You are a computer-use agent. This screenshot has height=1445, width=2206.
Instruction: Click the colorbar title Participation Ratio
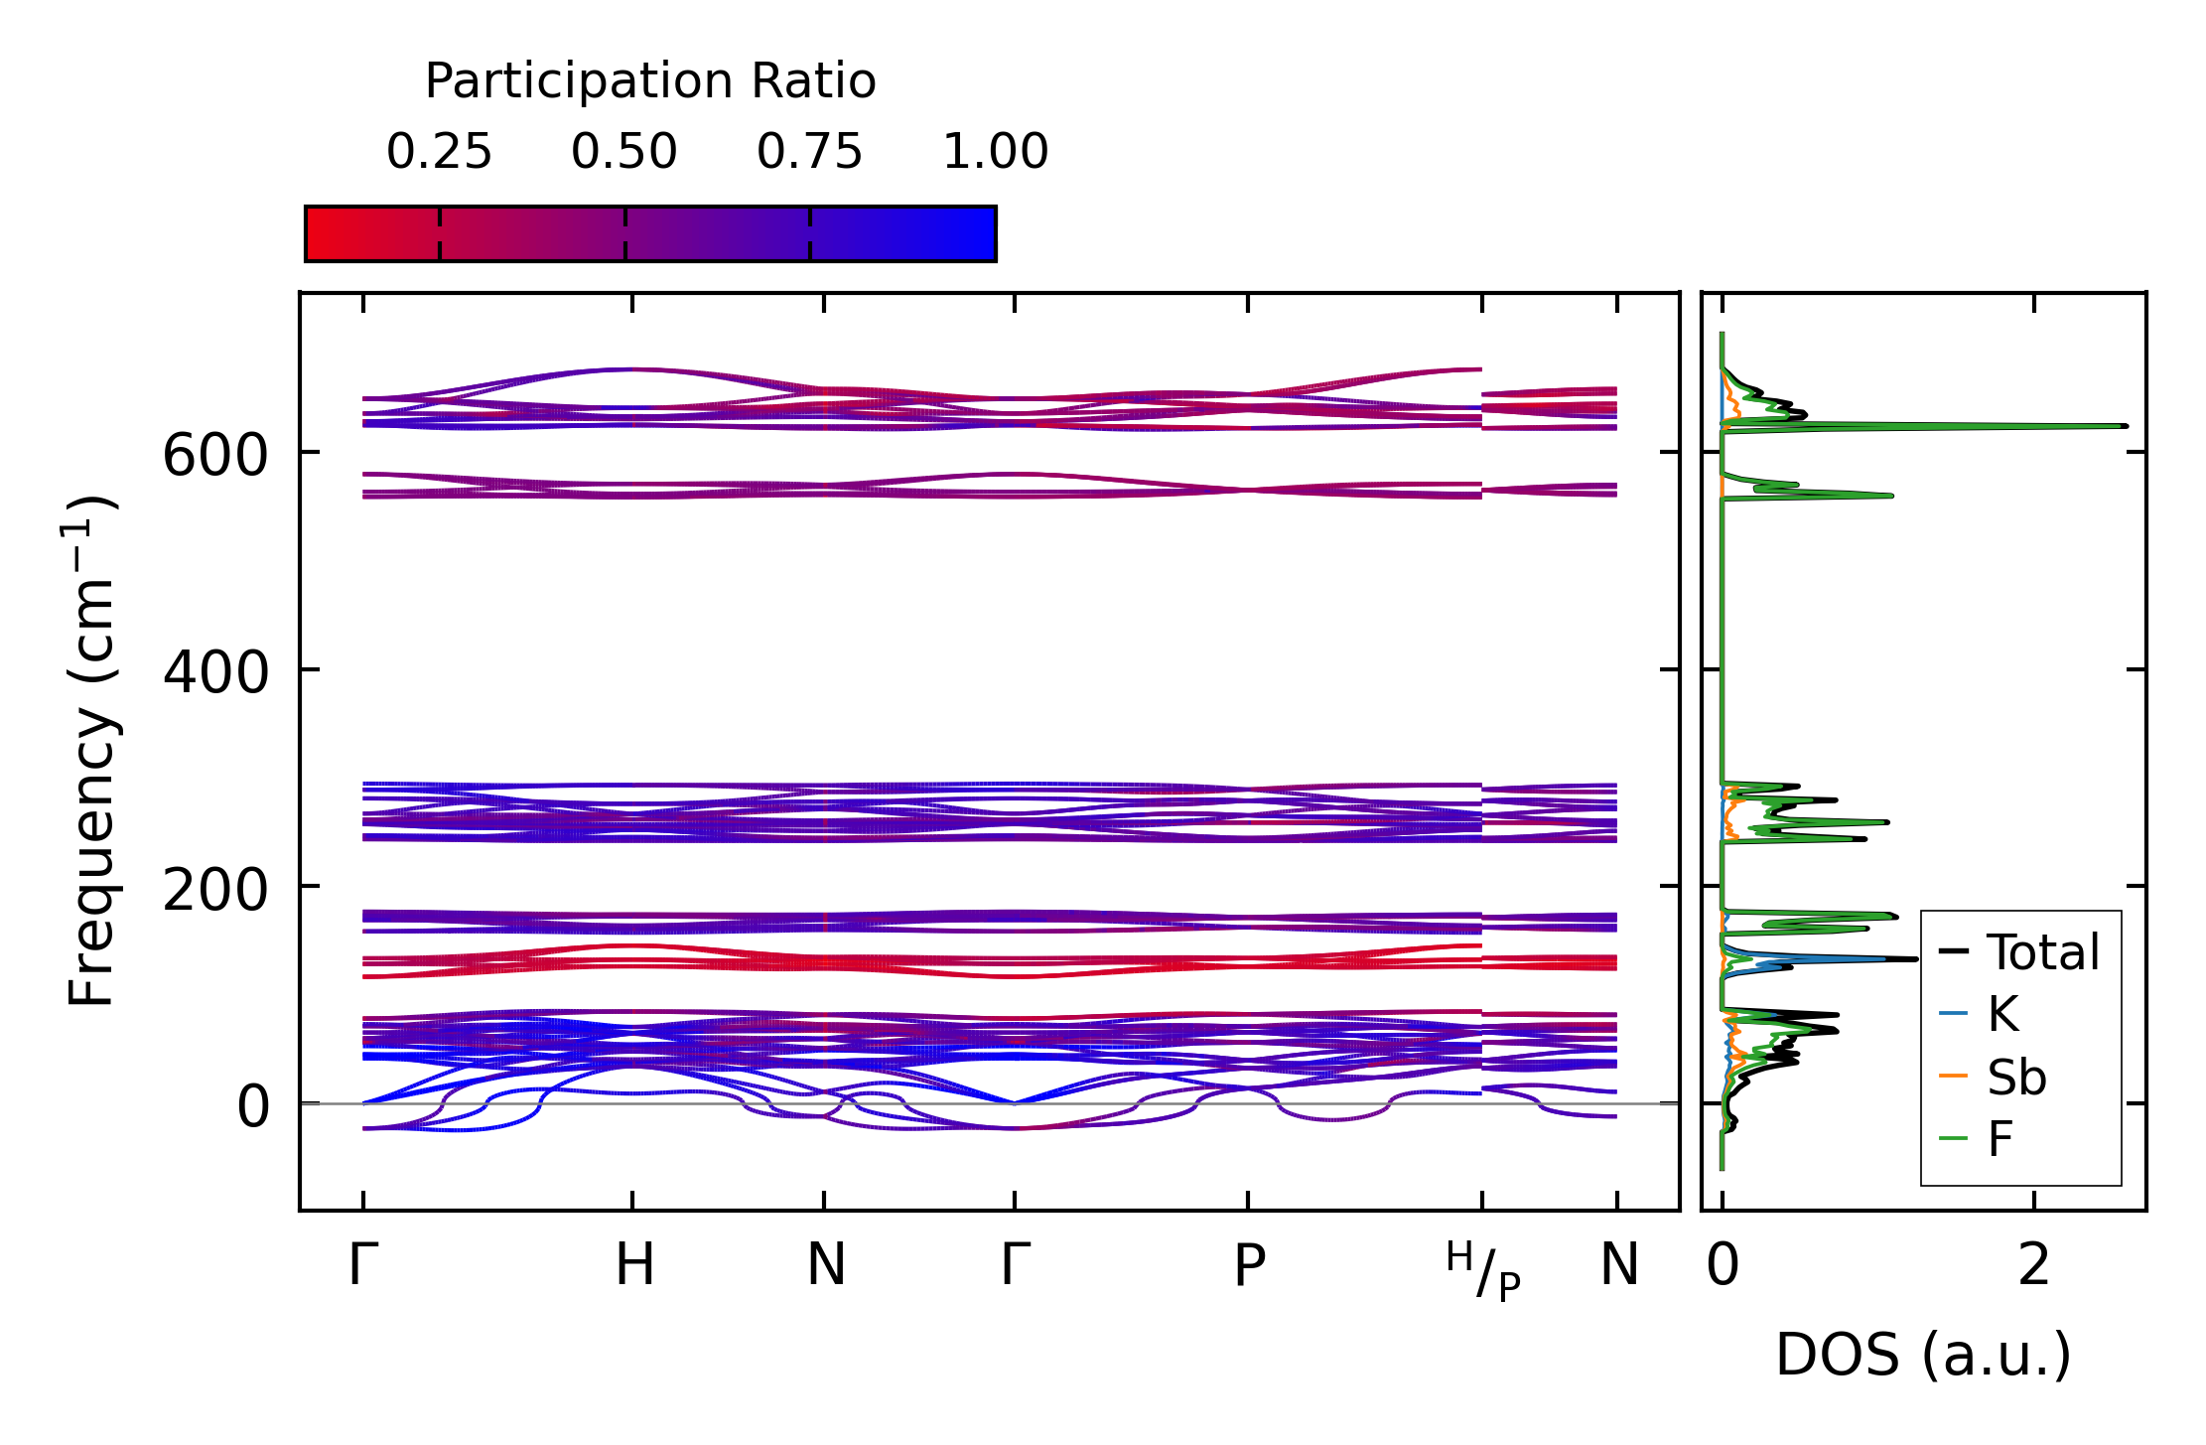650,81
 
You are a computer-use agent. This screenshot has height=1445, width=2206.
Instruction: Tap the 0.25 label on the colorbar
439,152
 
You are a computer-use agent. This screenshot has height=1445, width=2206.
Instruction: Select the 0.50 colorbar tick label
624,152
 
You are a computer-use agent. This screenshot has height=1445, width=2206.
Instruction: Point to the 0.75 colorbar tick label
809,152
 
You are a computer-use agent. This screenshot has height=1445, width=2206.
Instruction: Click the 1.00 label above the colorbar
995,152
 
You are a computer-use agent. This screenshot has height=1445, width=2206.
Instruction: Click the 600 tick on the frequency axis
215,457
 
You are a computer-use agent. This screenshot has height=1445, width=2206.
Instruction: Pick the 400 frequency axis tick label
215,673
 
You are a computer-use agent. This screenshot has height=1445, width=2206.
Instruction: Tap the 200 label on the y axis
215,890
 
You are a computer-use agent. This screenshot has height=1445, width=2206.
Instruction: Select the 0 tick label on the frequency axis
252,1106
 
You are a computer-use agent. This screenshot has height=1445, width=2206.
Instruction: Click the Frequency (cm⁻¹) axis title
91,750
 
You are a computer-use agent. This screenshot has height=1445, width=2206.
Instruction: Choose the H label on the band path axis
634,1265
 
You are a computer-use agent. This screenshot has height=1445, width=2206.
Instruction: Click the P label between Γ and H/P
1249,1265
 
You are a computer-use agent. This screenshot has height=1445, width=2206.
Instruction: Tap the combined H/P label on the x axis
1483,1271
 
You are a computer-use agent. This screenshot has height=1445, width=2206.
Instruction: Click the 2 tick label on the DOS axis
2033,1265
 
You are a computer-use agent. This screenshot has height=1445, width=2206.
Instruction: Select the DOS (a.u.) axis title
1923,1355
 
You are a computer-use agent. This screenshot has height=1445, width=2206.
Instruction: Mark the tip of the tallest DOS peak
2127,426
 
